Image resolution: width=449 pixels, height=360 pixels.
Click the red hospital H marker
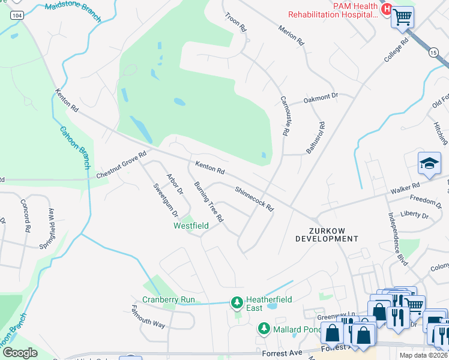tap(387, 10)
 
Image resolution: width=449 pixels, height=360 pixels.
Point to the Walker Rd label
tap(404, 190)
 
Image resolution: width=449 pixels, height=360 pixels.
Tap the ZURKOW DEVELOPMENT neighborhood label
tap(327, 233)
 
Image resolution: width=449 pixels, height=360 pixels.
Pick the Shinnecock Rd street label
tap(254, 199)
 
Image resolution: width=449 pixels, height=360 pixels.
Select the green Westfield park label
tap(191, 226)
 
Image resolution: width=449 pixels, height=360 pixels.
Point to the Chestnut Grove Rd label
tap(121, 165)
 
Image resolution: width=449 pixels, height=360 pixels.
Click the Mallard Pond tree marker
tap(263, 328)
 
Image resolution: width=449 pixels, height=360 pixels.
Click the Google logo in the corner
tap(20, 353)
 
